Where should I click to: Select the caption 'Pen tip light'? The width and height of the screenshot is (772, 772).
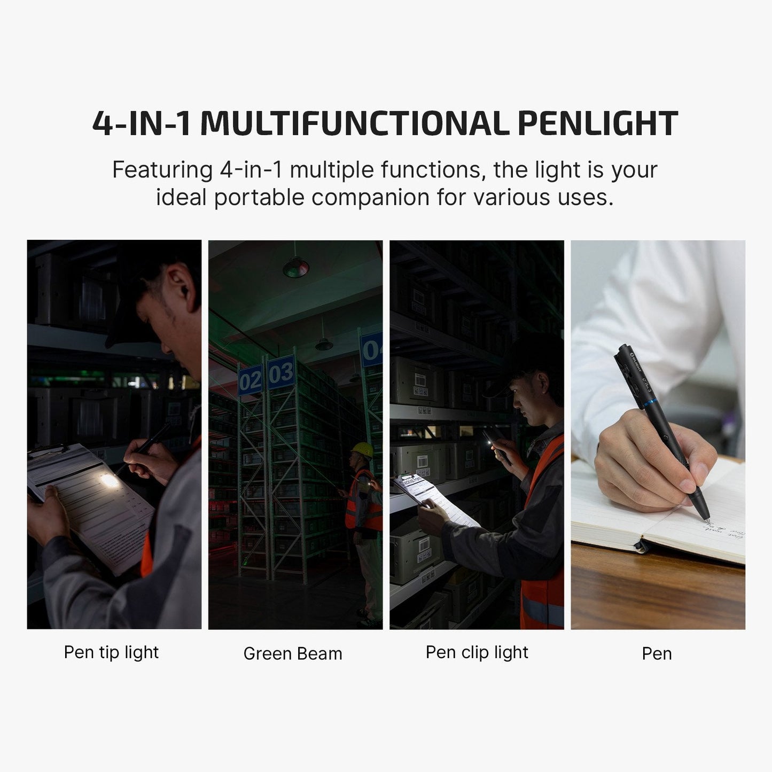[x=111, y=652]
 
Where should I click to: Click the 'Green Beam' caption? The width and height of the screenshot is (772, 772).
[x=293, y=653]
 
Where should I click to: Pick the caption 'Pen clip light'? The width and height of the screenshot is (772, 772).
[x=477, y=652]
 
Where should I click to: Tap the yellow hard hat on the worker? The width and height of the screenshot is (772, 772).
[x=363, y=450]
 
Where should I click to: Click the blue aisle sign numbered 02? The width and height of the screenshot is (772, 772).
[x=249, y=380]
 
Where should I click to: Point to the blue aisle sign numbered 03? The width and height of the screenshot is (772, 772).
[x=281, y=372]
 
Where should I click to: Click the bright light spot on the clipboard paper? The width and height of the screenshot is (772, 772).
[x=110, y=480]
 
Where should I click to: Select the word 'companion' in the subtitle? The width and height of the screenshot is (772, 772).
[x=370, y=197]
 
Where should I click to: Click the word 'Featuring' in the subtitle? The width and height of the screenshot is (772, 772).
[x=162, y=170]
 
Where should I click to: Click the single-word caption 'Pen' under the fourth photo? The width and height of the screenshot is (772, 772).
[x=657, y=653]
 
